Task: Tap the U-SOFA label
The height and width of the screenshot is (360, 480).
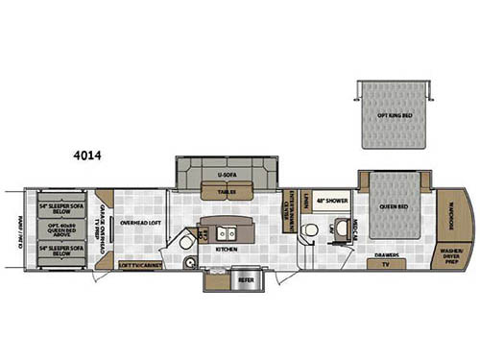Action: pos(228,176)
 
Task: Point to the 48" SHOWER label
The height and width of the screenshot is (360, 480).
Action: pos(332,200)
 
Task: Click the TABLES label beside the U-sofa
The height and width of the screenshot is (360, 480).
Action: pos(227,192)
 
